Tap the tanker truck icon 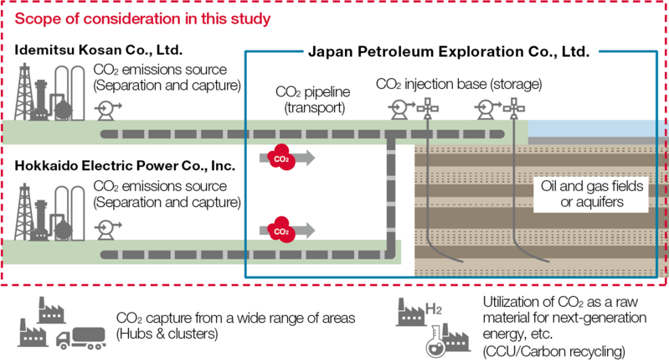77,337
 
